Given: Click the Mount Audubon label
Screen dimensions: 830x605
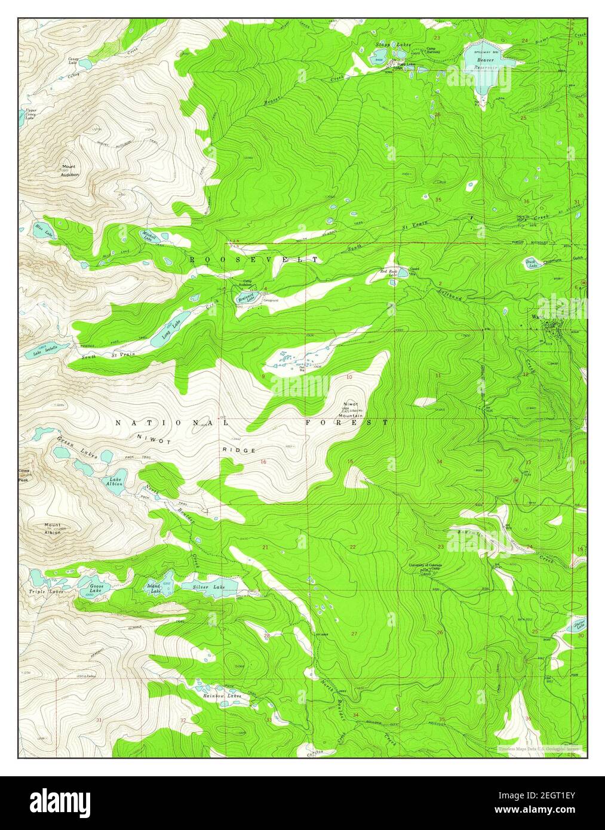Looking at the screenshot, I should point(69,170).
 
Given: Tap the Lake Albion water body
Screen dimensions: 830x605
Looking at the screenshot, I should point(115,481).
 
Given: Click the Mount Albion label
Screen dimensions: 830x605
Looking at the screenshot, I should point(53,528).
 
